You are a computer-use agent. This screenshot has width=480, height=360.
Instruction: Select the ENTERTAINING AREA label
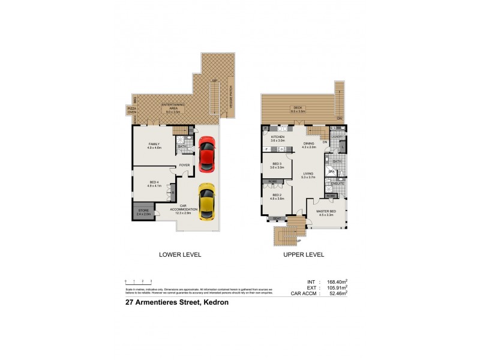[175, 107]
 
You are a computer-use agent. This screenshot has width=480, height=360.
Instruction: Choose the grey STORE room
[143, 211]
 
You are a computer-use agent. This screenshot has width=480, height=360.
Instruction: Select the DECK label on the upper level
[298, 109]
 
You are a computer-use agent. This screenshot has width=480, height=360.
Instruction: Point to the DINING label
[309, 144]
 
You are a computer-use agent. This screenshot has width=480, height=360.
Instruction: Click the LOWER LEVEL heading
[180, 254]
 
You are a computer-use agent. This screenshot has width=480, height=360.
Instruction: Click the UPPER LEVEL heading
[304, 254]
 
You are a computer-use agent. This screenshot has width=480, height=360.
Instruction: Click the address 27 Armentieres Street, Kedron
[176, 303]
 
